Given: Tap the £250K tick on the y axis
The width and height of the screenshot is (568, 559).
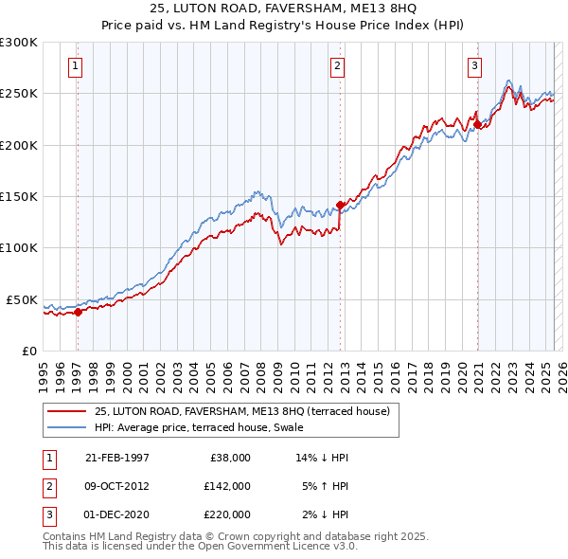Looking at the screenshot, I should point(18,94).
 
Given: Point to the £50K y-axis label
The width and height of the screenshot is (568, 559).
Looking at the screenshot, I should point(22,299).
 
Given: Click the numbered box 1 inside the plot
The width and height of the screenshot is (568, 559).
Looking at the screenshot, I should point(75,66).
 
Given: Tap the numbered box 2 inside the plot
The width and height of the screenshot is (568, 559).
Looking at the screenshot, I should point(337,66).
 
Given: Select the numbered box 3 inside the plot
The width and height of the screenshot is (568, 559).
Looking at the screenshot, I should point(474,66).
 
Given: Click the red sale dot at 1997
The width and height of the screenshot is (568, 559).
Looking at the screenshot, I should point(79,312).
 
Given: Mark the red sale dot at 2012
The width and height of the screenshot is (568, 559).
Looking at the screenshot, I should point(340,205).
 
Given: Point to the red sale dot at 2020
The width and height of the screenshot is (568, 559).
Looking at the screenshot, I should point(477,124).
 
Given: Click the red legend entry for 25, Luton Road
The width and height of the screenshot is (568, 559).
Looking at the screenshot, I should point(247,411).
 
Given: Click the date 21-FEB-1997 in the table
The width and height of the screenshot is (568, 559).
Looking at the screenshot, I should point(117,458).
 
